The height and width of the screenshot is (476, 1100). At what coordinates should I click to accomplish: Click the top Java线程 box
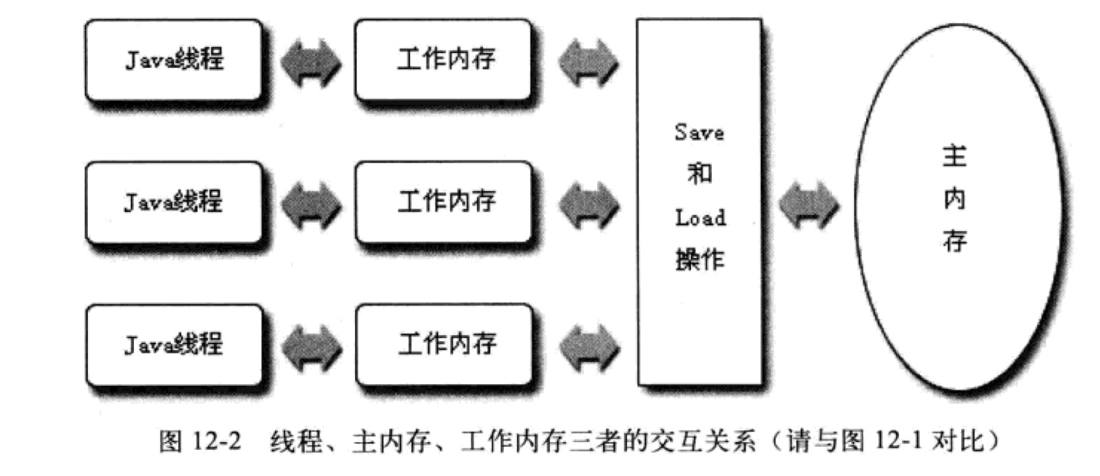click(x=174, y=60)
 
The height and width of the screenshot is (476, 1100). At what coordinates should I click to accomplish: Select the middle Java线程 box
click(x=174, y=202)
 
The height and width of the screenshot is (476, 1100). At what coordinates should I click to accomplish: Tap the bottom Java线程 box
click(x=174, y=344)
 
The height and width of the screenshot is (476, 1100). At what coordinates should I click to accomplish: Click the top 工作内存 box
click(x=444, y=60)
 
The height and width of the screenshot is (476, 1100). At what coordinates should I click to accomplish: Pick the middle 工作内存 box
click(x=444, y=202)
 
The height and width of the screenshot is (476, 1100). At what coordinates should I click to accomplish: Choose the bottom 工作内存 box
click(x=444, y=344)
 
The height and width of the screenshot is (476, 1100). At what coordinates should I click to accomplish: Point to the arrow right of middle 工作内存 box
click(x=588, y=205)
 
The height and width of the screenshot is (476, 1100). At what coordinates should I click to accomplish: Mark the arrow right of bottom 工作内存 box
click(x=588, y=345)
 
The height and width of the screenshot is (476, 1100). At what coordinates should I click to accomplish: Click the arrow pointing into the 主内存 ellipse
click(x=808, y=205)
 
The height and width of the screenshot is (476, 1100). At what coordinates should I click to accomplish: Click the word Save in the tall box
click(x=699, y=132)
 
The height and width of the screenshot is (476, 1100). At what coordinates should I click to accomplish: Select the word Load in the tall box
click(x=700, y=218)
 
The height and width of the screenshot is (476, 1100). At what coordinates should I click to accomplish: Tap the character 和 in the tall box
click(x=699, y=175)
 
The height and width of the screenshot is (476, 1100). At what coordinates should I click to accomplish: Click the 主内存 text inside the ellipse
click(x=954, y=201)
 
